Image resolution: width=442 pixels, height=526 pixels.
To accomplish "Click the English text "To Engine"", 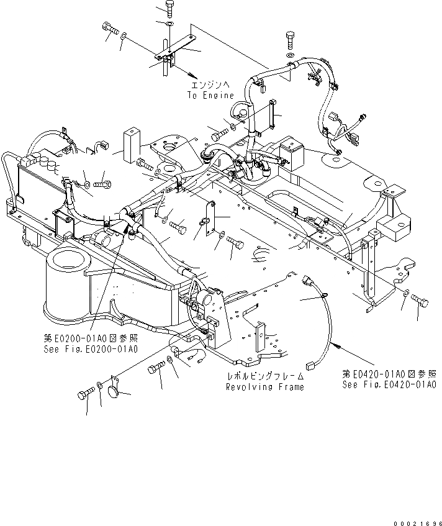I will click(x=210, y=96).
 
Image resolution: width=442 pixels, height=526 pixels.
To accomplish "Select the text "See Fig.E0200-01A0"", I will click(x=91, y=349).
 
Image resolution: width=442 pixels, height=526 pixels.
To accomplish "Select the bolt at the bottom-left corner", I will click(x=86, y=394).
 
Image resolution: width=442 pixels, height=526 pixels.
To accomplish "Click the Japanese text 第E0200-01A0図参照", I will click(x=91, y=338).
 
